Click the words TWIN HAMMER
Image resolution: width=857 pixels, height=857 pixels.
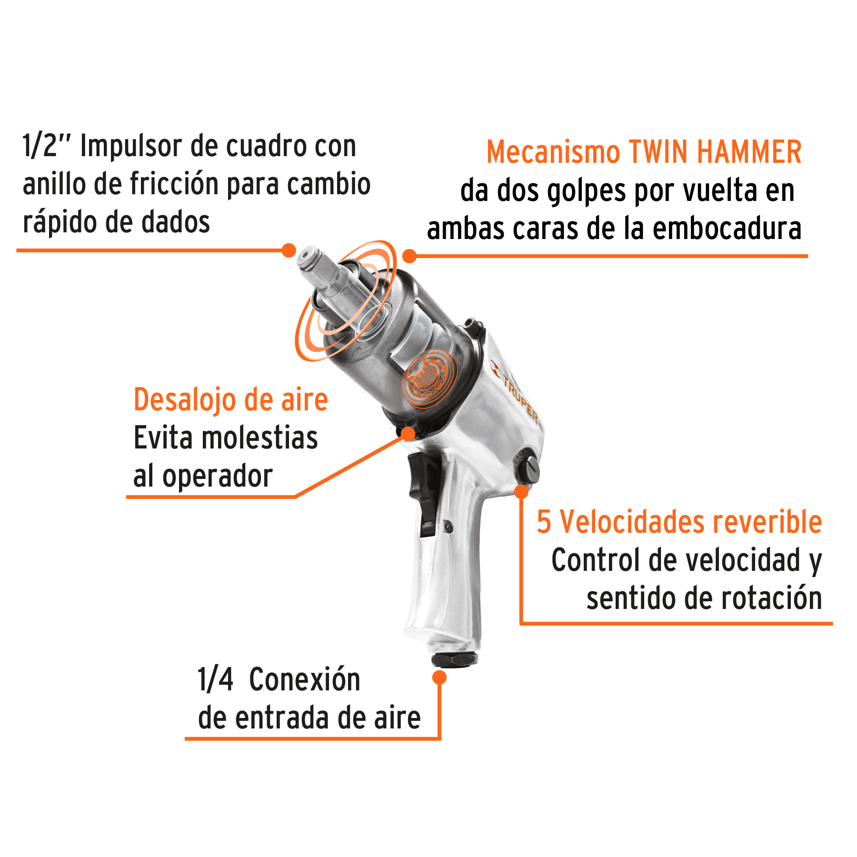tap(715, 152)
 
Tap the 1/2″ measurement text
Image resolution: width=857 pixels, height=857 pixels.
tap(47, 146)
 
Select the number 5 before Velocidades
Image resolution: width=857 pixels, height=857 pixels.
tap(544, 522)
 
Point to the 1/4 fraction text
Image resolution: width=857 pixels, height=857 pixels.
tap(215, 679)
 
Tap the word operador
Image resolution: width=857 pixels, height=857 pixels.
tap(217, 477)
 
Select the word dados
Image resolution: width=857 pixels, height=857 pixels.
tap(178, 222)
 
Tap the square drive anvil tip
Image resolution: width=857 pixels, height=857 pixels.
tap(308, 258)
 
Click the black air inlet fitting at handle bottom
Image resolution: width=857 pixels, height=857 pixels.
tap(454, 659)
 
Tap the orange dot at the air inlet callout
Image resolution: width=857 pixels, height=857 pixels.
tap(439, 677)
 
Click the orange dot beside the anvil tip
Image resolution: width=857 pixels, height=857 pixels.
tap(289, 250)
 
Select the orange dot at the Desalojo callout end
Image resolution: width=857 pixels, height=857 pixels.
tap(408, 433)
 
